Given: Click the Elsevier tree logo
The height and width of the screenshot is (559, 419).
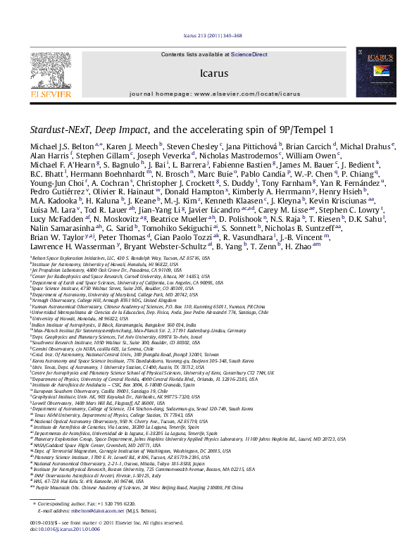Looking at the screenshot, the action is (x=48, y=71).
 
